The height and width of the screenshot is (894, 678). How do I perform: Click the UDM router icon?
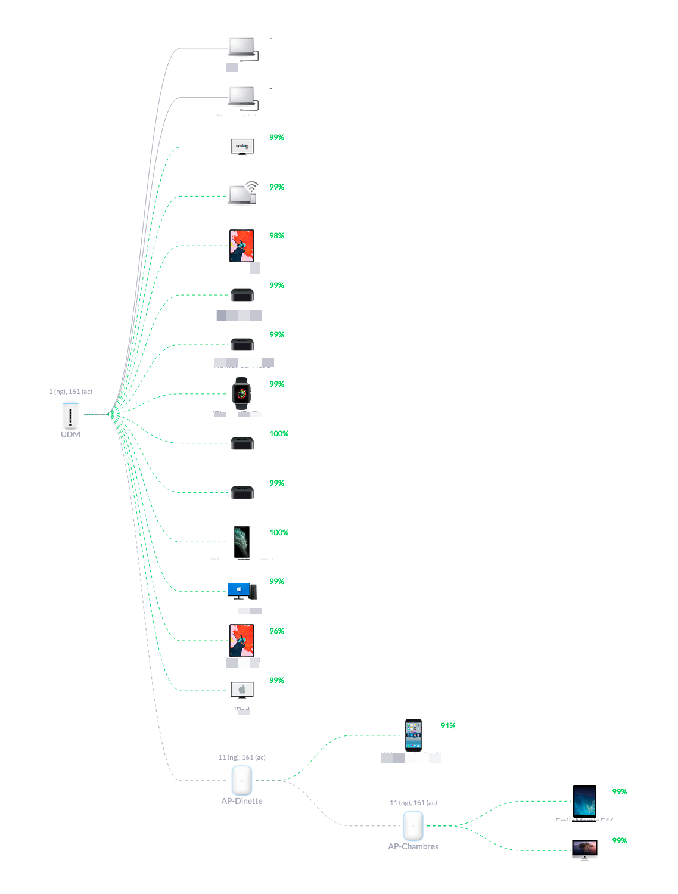[x=70, y=415]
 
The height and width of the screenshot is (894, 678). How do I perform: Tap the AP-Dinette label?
[x=242, y=801]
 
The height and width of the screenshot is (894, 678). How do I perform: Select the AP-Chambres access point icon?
[x=413, y=825]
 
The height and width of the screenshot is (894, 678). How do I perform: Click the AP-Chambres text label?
[x=413, y=846]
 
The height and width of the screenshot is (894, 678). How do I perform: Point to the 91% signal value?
[x=448, y=725]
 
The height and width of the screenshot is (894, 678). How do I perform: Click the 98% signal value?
[x=276, y=236]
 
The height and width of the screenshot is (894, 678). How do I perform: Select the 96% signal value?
[x=276, y=631]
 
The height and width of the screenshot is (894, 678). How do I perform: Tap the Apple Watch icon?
[x=242, y=393]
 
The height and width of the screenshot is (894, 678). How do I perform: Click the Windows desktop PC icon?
[x=242, y=591]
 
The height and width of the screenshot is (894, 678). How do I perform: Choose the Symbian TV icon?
[x=242, y=146]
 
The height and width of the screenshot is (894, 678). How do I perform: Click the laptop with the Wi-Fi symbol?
[x=243, y=194]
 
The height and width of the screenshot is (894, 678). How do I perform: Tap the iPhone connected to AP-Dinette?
[x=413, y=735]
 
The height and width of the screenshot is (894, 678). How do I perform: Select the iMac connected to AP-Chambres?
[x=584, y=850]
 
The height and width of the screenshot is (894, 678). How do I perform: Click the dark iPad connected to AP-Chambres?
[x=584, y=801]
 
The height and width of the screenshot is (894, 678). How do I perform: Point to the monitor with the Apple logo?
[x=242, y=690]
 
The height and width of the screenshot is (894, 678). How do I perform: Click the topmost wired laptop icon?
[x=242, y=48]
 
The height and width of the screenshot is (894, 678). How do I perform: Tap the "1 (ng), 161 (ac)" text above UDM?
[x=70, y=392]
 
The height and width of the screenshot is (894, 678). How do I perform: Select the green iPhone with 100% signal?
[x=242, y=542]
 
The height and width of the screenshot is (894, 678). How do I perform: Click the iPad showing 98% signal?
[x=242, y=246]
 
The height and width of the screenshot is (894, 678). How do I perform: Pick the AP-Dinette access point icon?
[x=242, y=780]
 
